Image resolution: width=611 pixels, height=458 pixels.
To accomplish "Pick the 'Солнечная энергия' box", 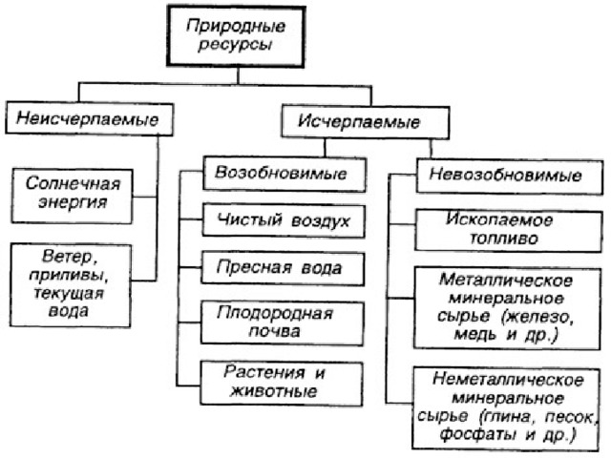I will [x=73, y=193].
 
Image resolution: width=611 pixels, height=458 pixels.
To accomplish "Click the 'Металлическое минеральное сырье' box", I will [x=506, y=307].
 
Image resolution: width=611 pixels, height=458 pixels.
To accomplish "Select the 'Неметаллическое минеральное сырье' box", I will [x=506, y=406].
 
